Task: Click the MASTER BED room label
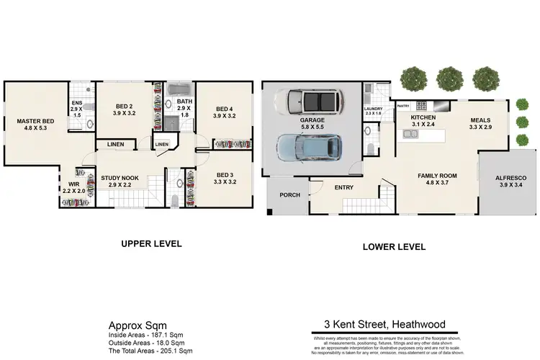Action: (x=36, y=122)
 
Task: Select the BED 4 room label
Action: (x=224, y=110)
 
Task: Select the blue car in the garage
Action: (x=308, y=148)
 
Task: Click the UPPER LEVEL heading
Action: (x=150, y=244)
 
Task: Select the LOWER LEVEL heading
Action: (x=394, y=246)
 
